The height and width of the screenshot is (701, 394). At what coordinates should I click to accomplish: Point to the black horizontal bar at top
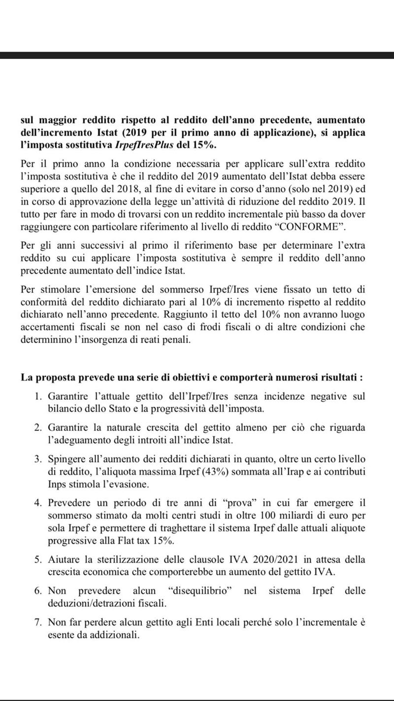(197, 55)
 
